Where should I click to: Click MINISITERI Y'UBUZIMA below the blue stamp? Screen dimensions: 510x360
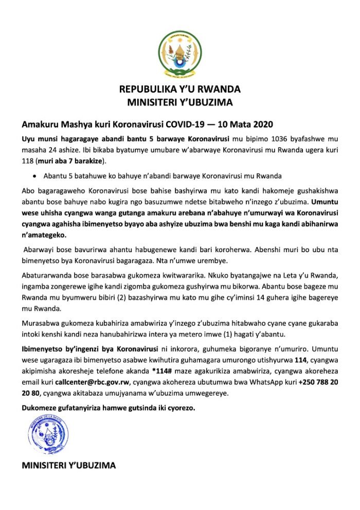click(68, 466)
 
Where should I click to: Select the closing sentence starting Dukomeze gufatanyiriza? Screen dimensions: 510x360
click(109, 409)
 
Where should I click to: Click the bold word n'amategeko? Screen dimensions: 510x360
click(44, 235)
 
